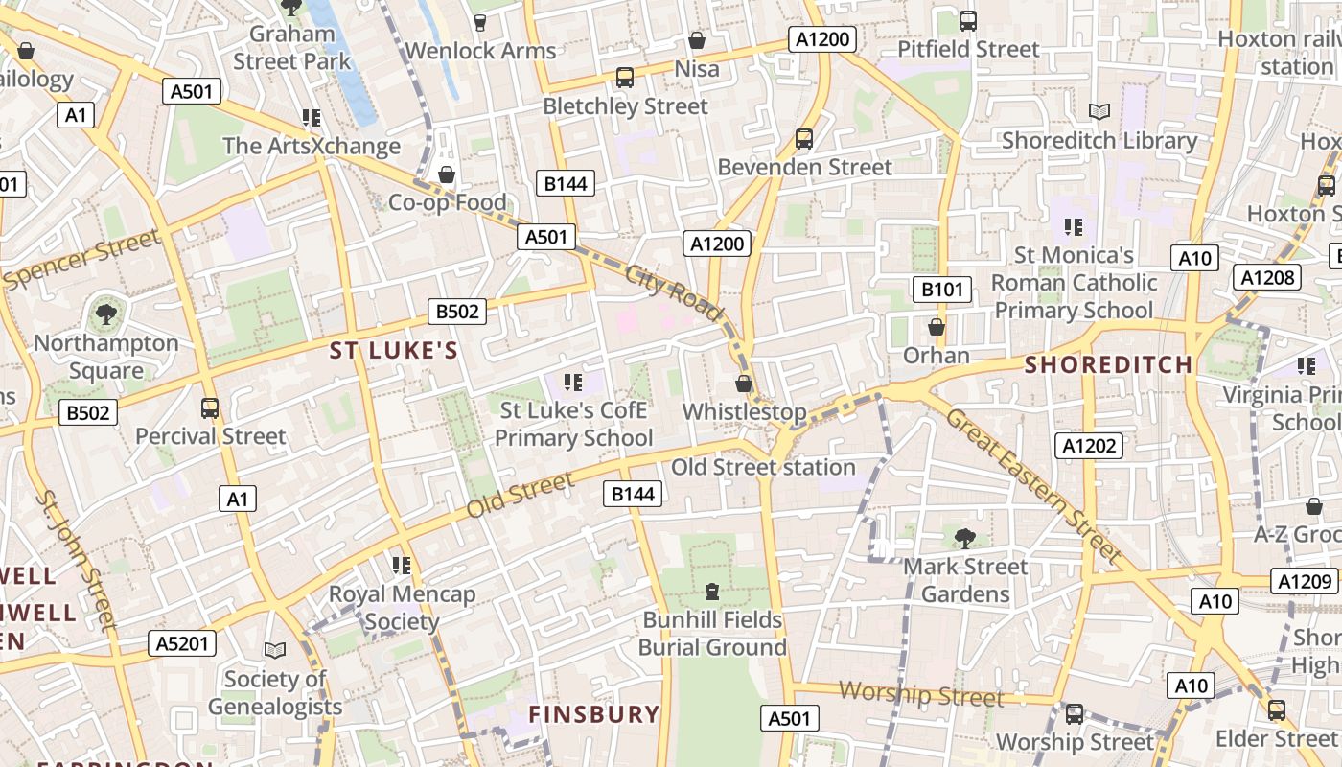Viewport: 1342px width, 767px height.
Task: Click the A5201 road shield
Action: click(x=182, y=642)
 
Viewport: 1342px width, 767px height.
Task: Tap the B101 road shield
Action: click(x=941, y=290)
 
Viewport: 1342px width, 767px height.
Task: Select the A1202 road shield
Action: click(x=1090, y=445)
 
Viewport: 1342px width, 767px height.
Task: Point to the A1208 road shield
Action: click(x=1267, y=278)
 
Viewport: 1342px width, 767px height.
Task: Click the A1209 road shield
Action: click(x=1305, y=581)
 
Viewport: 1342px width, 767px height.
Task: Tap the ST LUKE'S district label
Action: click(x=394, y=351)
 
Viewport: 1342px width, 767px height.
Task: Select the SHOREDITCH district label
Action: click(x=1108, y=364)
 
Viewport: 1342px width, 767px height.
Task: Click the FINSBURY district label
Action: click(x=594, y=714)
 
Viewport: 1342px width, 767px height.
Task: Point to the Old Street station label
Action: click(x=763, y=467)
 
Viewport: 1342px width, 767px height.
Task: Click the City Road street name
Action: click(x=673, y=291)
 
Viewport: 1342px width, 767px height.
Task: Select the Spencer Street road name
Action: click(x=81, y=260)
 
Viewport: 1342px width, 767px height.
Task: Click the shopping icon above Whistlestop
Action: click(x=743, y=383)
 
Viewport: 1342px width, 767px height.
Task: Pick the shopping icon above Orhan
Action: click(x=937, y=327)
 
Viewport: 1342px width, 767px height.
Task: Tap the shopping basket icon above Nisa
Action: click(x=697, y=40)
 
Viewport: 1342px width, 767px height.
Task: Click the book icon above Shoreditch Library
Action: click(x=1099, y=112)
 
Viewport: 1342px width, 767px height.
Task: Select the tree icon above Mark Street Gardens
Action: click(x=964, y=538)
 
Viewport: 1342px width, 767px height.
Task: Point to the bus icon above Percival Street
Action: click(x=210, y=408)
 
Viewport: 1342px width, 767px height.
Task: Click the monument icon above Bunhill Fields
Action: click(x=712, y=592)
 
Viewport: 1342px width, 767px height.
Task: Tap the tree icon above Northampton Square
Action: click(x=105, y=314)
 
